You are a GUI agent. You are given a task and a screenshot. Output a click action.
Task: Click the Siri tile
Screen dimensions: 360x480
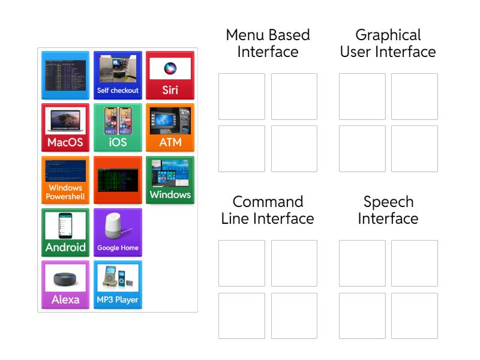point(170,75)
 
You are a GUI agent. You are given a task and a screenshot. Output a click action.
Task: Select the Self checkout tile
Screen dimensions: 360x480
point(118,75)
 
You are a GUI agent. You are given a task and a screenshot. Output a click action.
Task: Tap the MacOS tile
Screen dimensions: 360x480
point(65,127)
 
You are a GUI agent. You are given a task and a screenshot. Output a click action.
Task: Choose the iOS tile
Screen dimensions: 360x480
point(118,127)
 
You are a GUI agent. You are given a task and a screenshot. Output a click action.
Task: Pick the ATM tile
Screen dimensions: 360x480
point(170,127)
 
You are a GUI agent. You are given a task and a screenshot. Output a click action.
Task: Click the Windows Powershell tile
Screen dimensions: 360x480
point(65,180)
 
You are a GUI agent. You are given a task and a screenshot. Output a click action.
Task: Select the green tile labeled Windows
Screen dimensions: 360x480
point(170,180)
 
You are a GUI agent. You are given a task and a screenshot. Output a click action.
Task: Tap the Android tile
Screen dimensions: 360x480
point(65,232)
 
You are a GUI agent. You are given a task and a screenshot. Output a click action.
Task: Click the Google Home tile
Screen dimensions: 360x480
point(118,232)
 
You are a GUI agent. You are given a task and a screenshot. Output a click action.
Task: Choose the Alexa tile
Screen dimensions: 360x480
point(65,284)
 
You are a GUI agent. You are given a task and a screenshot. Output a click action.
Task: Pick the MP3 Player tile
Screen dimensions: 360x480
point(118,284)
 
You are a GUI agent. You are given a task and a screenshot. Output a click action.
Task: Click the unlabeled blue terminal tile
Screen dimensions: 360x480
point(65,75)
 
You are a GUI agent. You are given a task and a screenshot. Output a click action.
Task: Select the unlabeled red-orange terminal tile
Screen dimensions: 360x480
point(118,180)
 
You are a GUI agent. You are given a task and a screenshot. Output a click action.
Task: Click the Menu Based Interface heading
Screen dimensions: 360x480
point(268,43)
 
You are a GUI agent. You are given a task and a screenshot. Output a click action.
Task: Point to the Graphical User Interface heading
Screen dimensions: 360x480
point(388,43)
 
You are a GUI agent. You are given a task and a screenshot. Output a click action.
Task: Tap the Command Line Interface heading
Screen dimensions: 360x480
point(268,210)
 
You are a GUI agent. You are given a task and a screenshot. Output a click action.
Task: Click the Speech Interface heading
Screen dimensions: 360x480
point(388,210)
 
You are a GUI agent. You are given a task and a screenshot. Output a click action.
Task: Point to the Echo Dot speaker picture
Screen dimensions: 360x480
point(65,280)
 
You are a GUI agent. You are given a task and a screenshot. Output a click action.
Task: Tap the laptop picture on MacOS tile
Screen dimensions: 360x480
point(65,121)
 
